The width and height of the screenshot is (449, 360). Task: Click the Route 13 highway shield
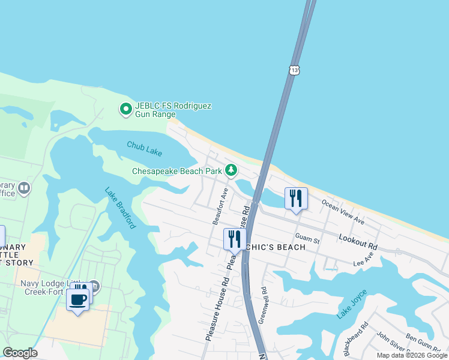[294, 70]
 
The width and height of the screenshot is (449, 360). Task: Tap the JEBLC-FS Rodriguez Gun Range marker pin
[125, 109]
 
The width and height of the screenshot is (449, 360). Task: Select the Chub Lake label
[144, 146]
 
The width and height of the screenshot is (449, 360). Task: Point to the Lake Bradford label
[120, 208]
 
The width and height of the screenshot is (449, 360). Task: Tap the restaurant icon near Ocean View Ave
[295, 198]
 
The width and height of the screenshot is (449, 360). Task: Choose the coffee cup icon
[78, 299]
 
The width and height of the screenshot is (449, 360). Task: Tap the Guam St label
[307, 239]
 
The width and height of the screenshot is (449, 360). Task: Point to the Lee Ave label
[363, 259]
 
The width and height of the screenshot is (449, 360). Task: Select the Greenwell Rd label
[262, 305]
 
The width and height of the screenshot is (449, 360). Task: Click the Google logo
[20, 353]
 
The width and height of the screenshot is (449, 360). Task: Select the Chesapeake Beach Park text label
[177, 172]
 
